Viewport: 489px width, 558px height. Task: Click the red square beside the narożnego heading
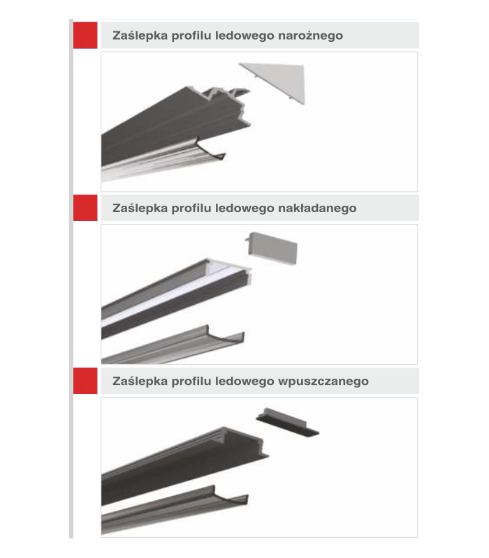85,35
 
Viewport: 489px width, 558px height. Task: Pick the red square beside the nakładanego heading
85,208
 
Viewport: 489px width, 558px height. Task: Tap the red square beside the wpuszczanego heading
85,381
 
